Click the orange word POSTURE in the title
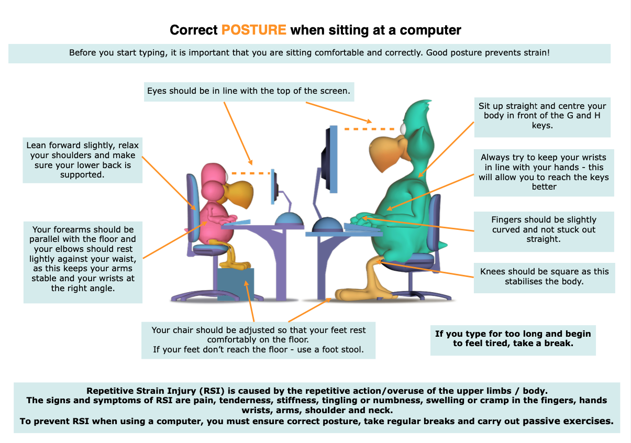tap(254, 30)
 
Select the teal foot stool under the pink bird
tap(236, 284)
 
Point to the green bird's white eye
tap(403, 129)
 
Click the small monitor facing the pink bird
tap(274, 186)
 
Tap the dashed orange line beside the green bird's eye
tap(369, 129)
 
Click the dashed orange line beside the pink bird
tap(251, 173)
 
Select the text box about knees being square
tap(544, 278)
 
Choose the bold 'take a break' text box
tap(513, 340)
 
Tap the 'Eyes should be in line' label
tap(249, 92)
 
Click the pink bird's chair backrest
tap(193, 208)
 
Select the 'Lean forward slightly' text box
tap(83, 160)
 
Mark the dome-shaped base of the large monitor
tap(327, 225)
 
